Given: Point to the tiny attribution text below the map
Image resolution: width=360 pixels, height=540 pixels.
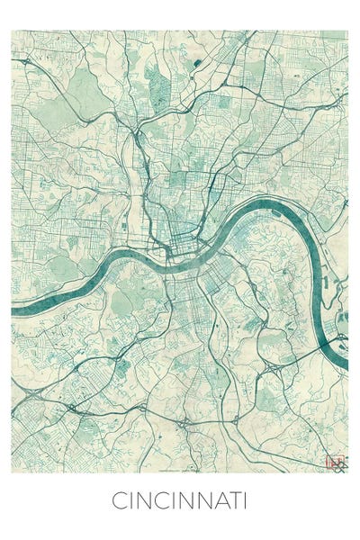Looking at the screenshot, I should pyautogui.click(x=180, y=471).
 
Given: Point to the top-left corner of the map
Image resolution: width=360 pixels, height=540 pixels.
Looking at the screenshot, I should pyautogui.click(x=12, y=31).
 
